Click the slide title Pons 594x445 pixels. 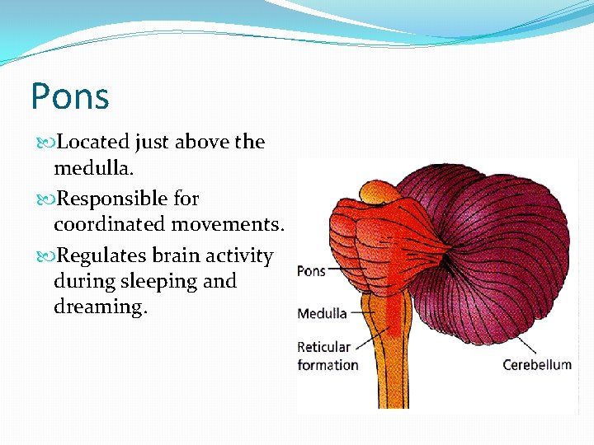pyautogui.click(x=70, y=96)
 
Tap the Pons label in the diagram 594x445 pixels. pyautogui.click(x=311, y=271)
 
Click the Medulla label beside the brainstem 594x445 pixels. pyautogui.click(x=322, y=314)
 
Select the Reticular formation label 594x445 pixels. pyautogui.click(x=327, y=356)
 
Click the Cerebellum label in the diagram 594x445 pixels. pyautogui.click(x=537, y=365)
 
